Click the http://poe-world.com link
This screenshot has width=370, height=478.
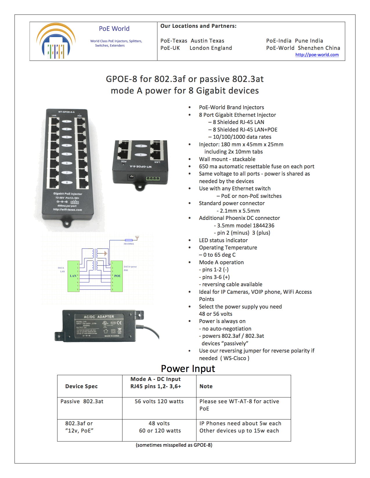click(x=317, y=55)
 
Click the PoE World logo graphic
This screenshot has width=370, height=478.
click(x=56, y=41)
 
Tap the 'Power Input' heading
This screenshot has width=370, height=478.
click(x=188, y=368)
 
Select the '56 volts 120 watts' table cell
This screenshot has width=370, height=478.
click(x=159, y=402)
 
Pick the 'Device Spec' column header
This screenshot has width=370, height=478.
click(x=81, y=386)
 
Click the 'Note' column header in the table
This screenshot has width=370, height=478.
click(x=206, y=386)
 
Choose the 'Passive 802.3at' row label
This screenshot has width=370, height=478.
click(x=82, y=402)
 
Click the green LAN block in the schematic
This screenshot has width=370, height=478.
click(x=73, y=276)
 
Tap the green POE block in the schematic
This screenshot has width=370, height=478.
click(x=117, y=276)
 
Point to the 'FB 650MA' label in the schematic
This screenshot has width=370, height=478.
click(x=129, y=244)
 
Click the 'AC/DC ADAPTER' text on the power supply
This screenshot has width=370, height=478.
click(x=99, y=317)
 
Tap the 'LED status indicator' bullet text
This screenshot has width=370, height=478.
click(x=223, y=240)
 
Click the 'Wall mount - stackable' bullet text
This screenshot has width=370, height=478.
click(x=227, y=159)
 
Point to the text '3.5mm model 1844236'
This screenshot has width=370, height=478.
click(x=246, y=225)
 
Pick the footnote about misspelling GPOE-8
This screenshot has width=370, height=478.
click(x=174, y=445)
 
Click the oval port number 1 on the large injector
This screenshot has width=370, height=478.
click(x=67, y=121)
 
